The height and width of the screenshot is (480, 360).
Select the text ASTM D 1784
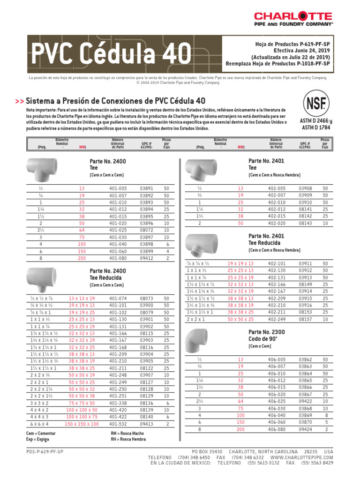(x=315, y=127)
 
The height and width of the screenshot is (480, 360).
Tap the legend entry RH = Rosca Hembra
(x=127, y=439)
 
